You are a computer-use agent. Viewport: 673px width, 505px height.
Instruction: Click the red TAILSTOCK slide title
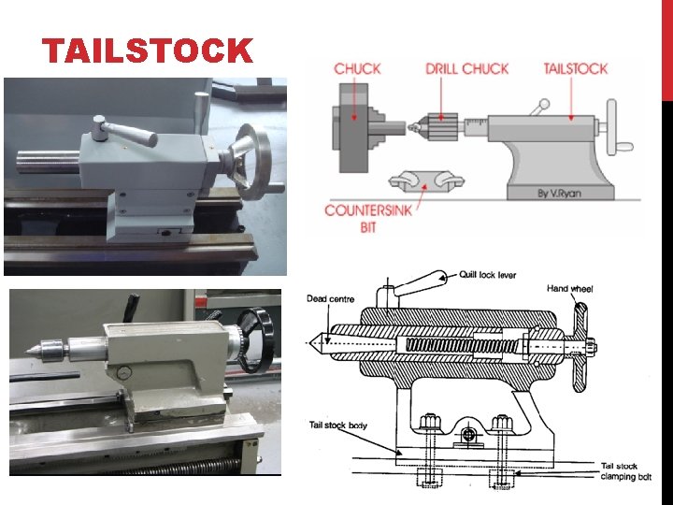(x=148, y=50)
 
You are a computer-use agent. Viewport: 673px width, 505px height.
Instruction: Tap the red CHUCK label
(x=357, y=68)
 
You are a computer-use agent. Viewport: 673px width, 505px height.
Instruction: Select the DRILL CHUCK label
(x=467, y=68)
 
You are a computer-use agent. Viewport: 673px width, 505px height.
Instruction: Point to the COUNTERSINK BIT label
(x=368, y=219)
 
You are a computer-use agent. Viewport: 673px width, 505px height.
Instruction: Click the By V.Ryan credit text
(x=560, y=194)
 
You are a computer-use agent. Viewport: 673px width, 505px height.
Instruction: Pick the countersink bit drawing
(x=426, y=181)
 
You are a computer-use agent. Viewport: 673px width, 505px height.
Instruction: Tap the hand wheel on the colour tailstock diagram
(x=616, y=128)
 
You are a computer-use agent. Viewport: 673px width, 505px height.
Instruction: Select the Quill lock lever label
(x=488, y=275)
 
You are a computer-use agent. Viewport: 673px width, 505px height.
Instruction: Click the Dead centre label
(x=331, y=299)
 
